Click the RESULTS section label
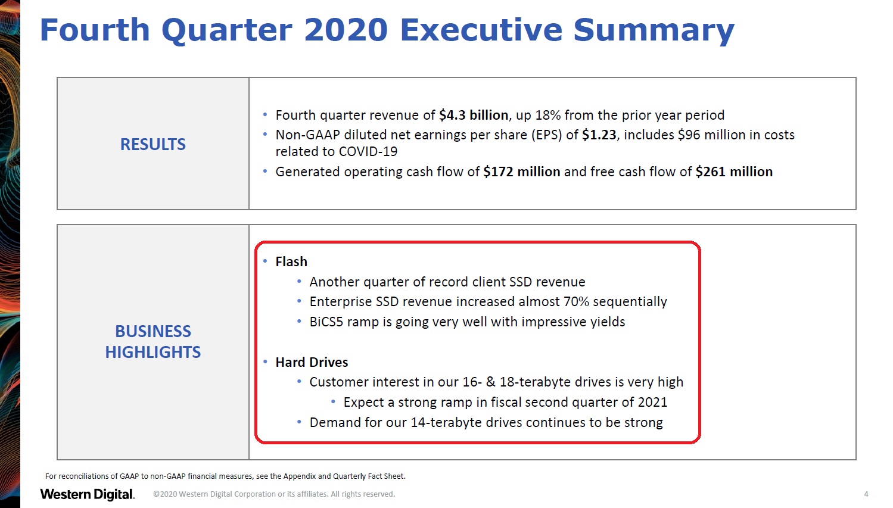pos(153,144)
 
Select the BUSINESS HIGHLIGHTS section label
pos(153,341)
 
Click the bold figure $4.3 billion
pos(474,115)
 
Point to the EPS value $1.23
pos(599,135)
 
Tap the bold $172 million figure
pos(521,172)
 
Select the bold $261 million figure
pos(734,172)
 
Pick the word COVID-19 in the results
pos(368,151)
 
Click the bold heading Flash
pos(291,261)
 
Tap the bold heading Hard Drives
pos(312,362)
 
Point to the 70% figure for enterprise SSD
pos(576,301)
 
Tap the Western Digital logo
pos(88,494)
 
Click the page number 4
pos(866,494)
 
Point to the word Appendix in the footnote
pos(299,476)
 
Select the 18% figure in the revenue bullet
pos(548,115)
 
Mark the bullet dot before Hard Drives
pos(265,362)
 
